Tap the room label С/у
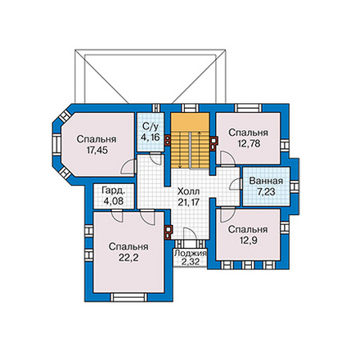(151, 127)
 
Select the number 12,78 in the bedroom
(249, 143)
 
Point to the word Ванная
(266, 181)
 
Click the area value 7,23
(266, 192)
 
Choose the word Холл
(188, 191)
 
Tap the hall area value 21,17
(188, 202)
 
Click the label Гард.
(114, 191)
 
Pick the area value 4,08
(114, 201)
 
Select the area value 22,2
(128, 258)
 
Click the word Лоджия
(191, 253)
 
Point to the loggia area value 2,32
(191, 262)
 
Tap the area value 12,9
(248, 241)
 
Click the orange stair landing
(190, 122)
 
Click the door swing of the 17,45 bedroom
(128, 166)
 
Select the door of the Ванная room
(236, 184)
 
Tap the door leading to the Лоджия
(190, 234)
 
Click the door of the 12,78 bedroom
(227, 159)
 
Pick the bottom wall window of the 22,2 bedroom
(128, 297)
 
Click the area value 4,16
(151, 137)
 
